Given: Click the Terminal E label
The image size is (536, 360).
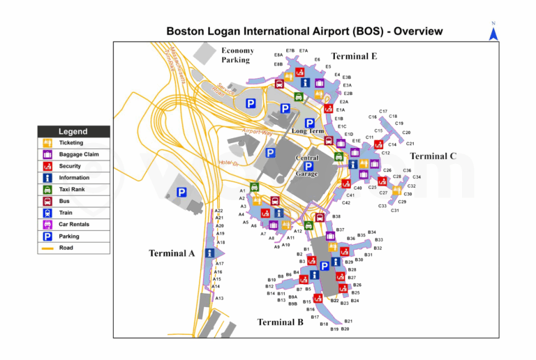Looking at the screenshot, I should [353, 57].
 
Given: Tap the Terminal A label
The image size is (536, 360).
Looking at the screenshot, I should [171, 253].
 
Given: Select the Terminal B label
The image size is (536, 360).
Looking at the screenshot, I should [280, 322].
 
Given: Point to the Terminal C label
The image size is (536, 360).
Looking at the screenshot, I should [433, 156].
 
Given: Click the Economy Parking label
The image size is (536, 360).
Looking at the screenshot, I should [237, 55].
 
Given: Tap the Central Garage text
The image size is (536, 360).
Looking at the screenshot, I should [306, 166].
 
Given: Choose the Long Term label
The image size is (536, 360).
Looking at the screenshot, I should [307, 131].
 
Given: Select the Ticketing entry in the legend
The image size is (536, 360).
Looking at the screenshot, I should [70, 143].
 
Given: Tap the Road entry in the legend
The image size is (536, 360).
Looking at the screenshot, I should [66, 248].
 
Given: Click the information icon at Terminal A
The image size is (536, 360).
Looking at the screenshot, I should [209, 253].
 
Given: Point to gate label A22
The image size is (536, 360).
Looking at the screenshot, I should [218, 210].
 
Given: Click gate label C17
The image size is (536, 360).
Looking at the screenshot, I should [383, 112].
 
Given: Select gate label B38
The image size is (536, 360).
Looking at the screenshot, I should [336, 217].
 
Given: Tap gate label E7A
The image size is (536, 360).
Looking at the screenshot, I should [304, 51].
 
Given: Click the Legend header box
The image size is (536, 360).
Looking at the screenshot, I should [73, 131].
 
